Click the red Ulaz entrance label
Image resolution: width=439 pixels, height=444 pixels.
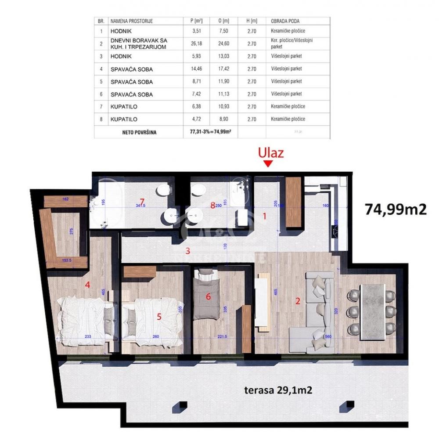click(x=270, y=153)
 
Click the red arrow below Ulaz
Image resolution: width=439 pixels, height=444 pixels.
click(x=269, y=164)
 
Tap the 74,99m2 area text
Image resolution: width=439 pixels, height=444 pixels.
click(x=396, y=210)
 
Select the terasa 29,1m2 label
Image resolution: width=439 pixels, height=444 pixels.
click(x=278, y=390)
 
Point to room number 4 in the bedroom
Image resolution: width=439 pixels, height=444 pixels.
click(x=88, y=285)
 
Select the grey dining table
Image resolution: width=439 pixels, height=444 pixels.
click(x=372, y=312)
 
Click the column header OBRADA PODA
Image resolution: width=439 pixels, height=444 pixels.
click(x=288, y=21)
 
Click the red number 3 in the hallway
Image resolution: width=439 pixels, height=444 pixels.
click(x=187, y=251)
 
